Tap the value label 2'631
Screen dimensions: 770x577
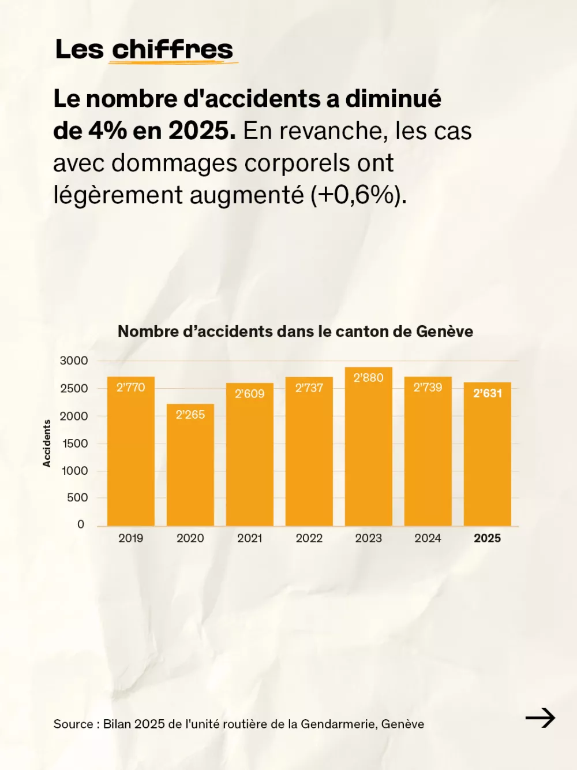tap(488, 393)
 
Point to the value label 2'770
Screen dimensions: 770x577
tap(131, 388)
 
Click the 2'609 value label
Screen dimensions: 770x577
tap(249, 394)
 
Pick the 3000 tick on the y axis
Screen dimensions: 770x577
tap(74, 361)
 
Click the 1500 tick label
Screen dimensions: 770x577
tap(75, 444)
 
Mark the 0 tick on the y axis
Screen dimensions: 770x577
tap(81, 525)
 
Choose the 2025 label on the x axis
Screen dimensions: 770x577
tap(488, 538)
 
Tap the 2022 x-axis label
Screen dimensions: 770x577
tap(309, 538)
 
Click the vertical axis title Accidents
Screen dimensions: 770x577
tap(47, 443)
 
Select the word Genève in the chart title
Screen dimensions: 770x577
tap(444, 332)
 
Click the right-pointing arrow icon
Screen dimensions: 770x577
tap(540, 718)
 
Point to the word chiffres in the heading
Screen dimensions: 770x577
tap(173, 50)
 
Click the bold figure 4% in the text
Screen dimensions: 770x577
tap(107, 131)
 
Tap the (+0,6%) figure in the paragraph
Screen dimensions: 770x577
tap(358, 195)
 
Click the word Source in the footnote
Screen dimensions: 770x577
tap(73, 724)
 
